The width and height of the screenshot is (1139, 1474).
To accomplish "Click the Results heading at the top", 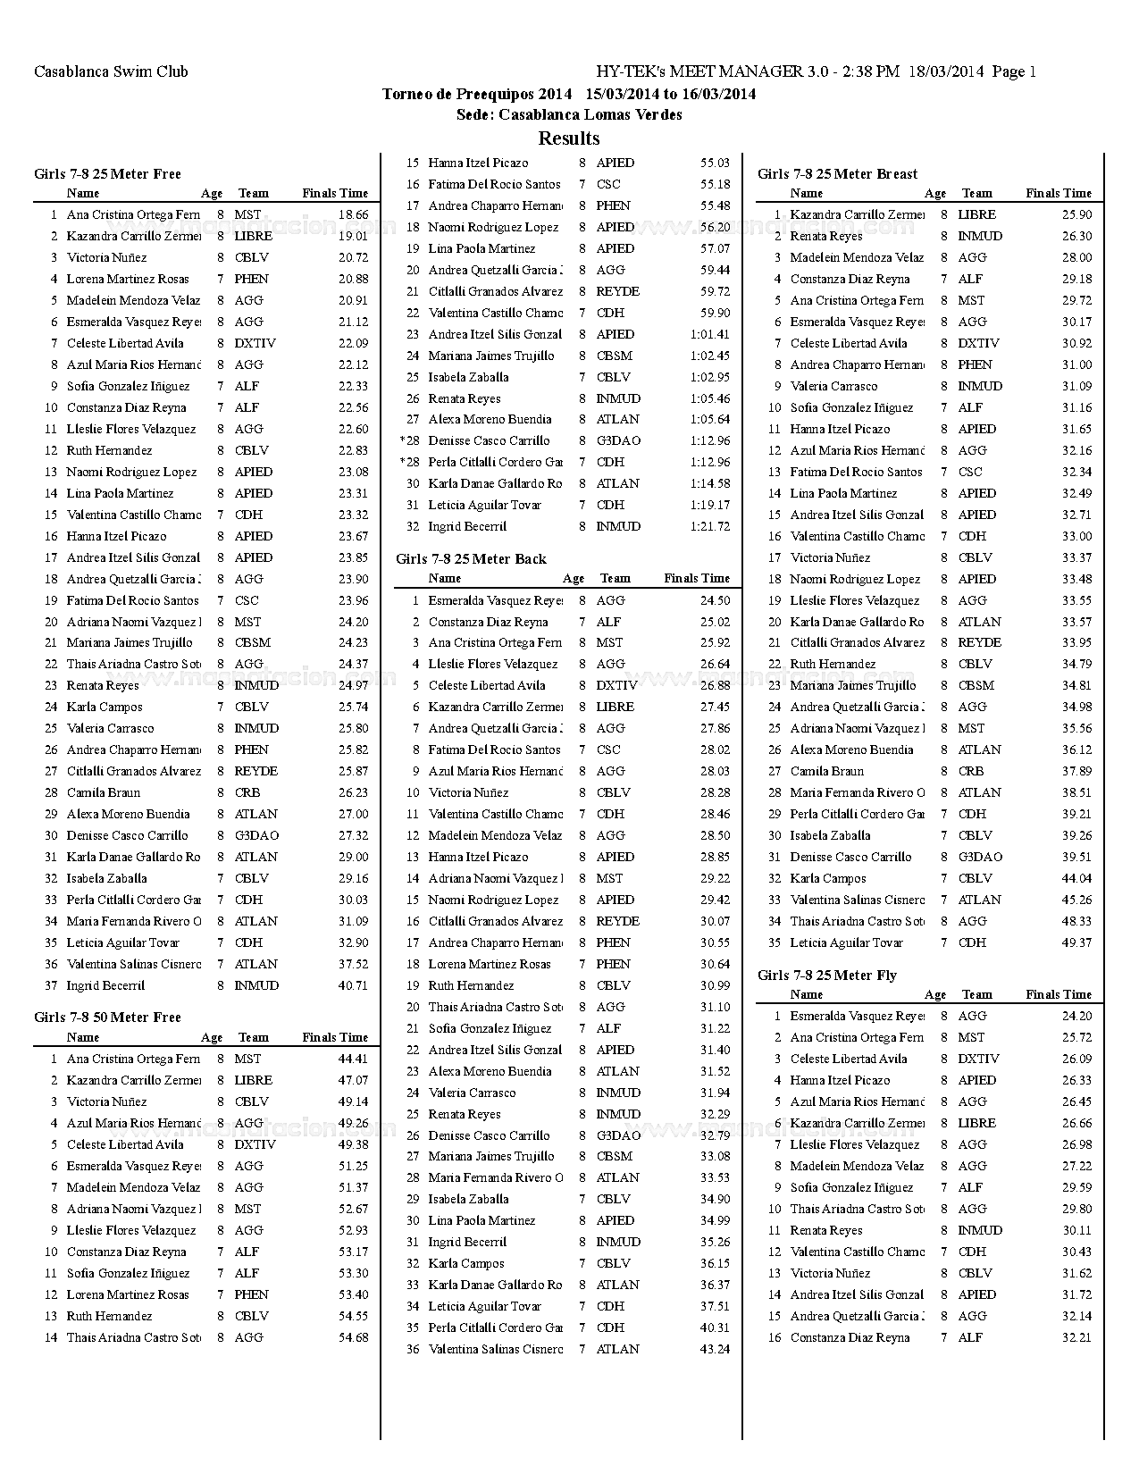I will pyautogui.click(x=569, y=138).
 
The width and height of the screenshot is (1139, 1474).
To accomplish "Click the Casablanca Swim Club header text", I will pyautogui.click(x=111, y=71).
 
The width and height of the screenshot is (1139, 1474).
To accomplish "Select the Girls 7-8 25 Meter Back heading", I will pyautogui.click(x=471, y=559).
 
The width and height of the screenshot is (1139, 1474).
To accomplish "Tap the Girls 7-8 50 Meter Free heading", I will pyautogui.click(x=107, y=1018).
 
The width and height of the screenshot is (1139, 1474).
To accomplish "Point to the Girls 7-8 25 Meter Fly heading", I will pyautogui.click(x=826, y=976).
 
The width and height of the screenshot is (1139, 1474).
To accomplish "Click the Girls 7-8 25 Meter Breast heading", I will pyautogui.click(x=837, y=174).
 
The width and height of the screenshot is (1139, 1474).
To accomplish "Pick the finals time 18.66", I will pyautogui.click(x=353, y=215).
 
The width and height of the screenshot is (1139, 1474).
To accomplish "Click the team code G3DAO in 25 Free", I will pyautogui.click(x=256, y=836).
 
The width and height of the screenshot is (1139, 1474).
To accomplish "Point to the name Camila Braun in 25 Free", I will pyautogui.click(x=103, y=793).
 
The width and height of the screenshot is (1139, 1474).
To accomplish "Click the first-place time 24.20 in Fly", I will pyautogui.click(x=1076, y=1017).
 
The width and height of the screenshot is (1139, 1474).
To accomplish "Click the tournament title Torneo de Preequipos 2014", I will pyautogui.click(x=477, y=94).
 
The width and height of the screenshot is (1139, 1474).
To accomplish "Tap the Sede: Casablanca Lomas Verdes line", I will pyautogui.click(x=569, y=115).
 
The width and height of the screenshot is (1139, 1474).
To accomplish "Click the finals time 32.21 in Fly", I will pyautogui.click(x=1076, y=1338).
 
